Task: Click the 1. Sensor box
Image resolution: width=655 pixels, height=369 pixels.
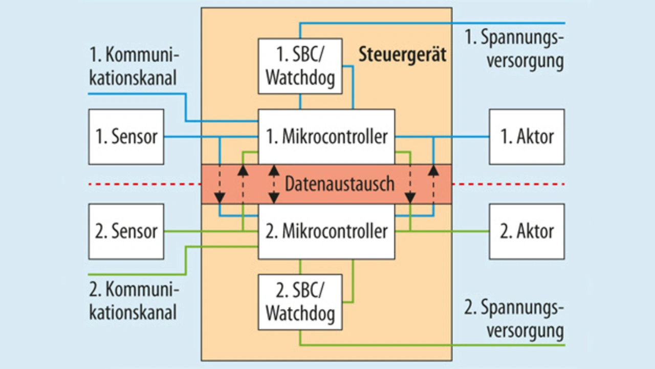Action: click(x=126, y=137)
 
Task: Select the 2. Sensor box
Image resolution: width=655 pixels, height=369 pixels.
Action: click(x=126, y=231)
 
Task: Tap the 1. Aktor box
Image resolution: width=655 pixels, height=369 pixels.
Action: click(x=527, y=137)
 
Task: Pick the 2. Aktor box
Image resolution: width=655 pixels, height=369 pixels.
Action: click(x=527, y=231)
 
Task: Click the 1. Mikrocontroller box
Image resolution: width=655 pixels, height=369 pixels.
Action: click(x=326, y=137)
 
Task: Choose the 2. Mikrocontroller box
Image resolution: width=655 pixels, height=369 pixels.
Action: click(x=326, y=231)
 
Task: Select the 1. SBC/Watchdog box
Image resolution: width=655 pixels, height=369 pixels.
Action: click(x=300, y=66)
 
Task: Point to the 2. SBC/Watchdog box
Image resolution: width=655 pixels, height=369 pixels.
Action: click(x=300, y=302)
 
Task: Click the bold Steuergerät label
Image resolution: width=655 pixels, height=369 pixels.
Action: click(x=402, y=55)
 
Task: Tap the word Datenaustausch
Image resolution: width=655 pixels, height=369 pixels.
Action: click(x=339, y=184)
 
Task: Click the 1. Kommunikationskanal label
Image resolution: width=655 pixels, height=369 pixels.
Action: click(x=134, y=67)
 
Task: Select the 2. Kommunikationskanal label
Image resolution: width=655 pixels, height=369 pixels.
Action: click(x=134, y=301)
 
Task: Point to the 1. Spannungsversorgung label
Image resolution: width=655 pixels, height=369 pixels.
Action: click(x=514, y=49)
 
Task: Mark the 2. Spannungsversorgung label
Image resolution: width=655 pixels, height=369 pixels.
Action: click(x=514, y=319)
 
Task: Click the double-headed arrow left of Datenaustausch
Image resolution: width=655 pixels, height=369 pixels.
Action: click(x=274, y=184)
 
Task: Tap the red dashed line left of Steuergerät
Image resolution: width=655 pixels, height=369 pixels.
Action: click(x=145, y=184)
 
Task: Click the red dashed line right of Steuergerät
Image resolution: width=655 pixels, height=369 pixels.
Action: click(x=508, y=184)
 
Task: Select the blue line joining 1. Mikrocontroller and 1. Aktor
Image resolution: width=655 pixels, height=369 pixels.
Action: click(x=442, y=137)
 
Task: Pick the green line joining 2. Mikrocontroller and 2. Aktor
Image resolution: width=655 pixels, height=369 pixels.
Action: click(x=442, y=231)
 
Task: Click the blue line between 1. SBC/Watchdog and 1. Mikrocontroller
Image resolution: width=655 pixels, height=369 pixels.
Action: click(x=300, y=101)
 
